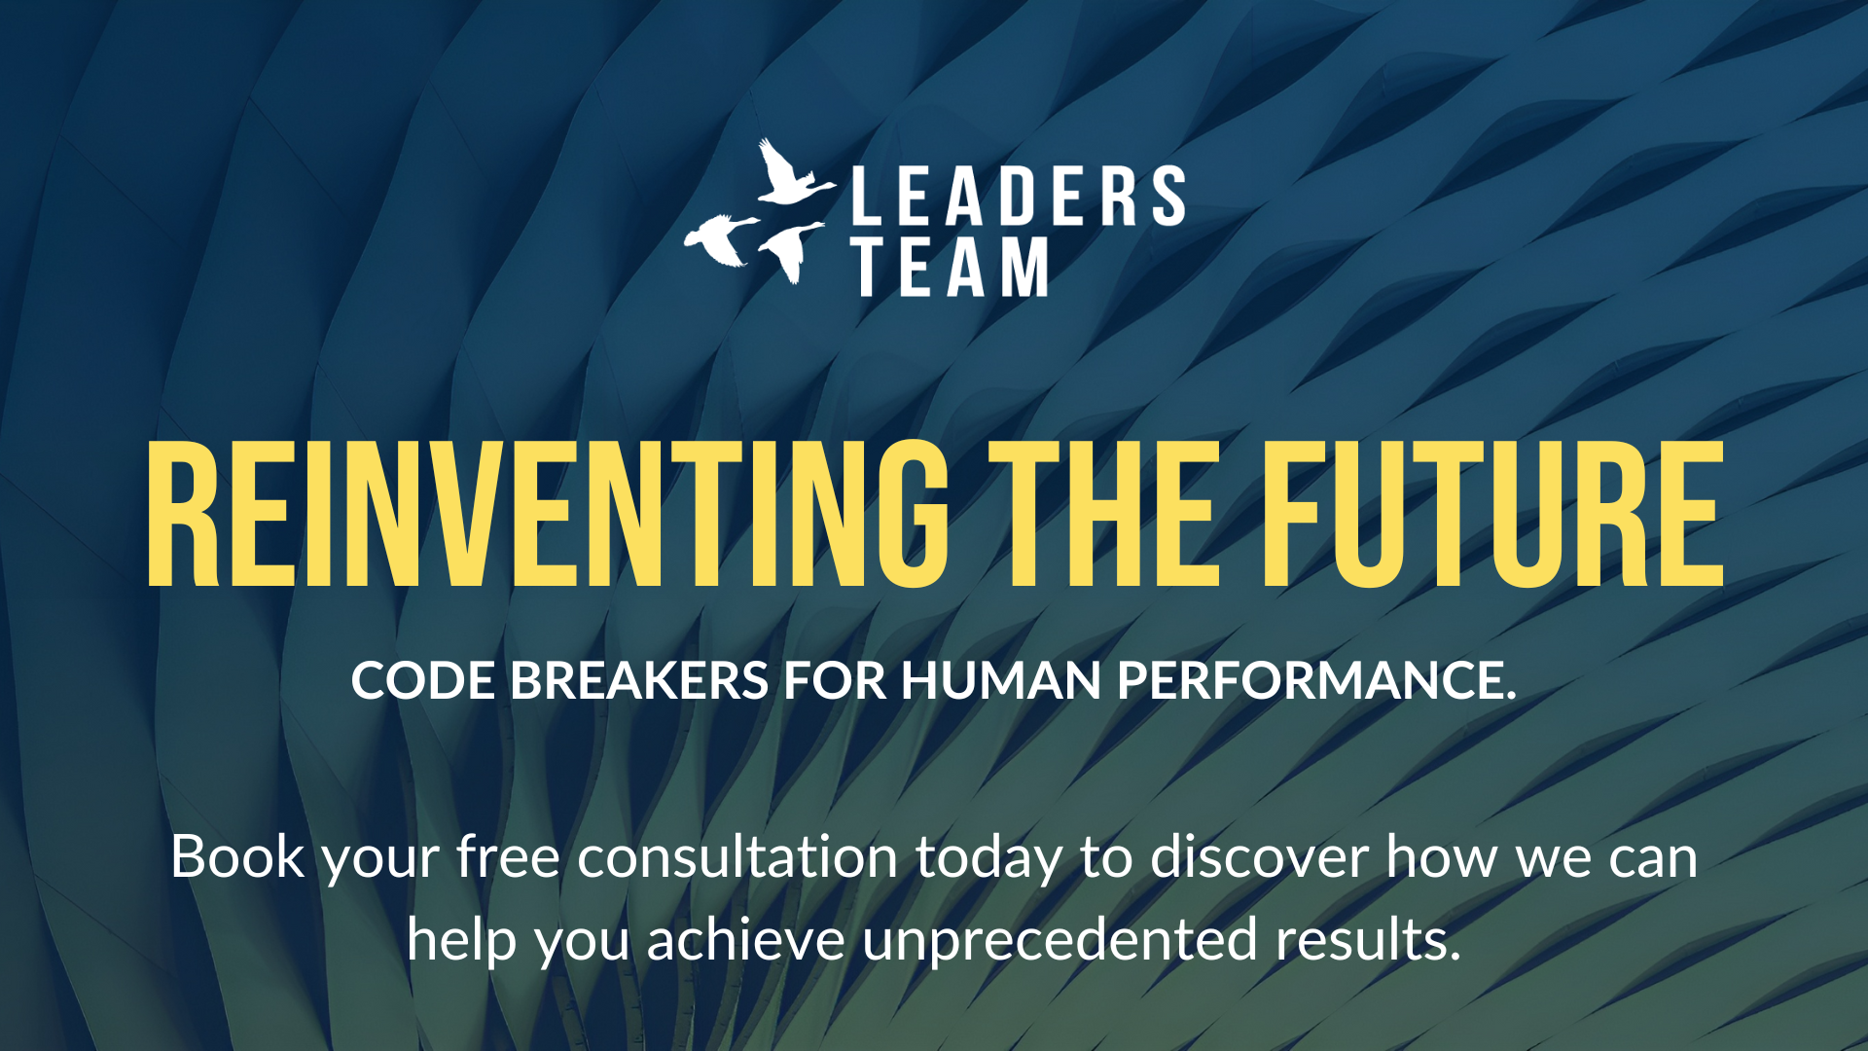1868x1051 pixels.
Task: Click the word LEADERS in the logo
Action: click(x=1019, y=196)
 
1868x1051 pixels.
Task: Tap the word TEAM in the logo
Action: click(x=951, y=267)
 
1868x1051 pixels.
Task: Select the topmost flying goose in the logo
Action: click(x=792, y=175)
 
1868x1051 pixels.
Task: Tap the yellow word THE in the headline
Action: click(x=1110, y=515)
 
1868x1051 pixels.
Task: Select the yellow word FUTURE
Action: click(x=1493, y=515)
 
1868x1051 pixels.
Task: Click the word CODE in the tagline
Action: click(x=423, y=680)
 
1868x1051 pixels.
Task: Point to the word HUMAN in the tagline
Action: click(x=1001, y=680)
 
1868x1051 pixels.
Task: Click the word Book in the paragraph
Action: click(x=237, y=857)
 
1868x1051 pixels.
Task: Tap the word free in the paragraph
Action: click(x=508, y=857)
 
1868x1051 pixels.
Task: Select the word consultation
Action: click(x=737, y=857)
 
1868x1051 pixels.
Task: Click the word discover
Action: click(x=1259, y=857)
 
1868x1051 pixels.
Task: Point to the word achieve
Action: click(x=746, y=940)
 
